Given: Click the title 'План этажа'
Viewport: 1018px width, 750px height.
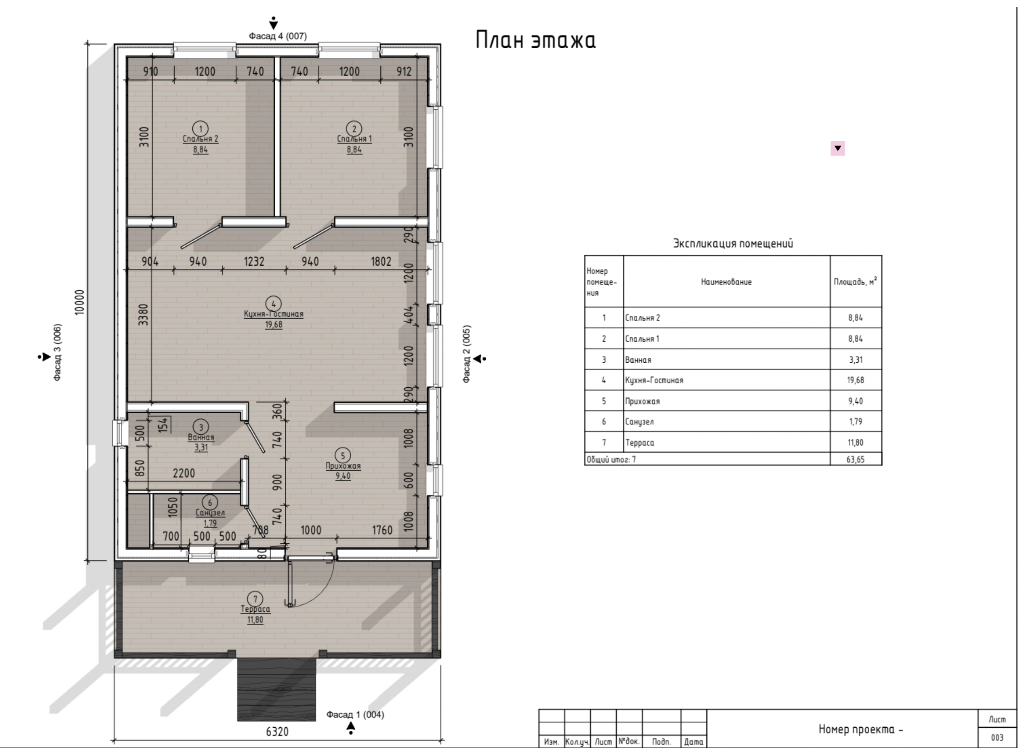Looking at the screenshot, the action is pos(535,40).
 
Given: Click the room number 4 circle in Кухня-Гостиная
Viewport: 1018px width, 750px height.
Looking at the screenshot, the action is pos(273,304).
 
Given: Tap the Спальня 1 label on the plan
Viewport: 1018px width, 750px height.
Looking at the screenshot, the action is pos(354,139).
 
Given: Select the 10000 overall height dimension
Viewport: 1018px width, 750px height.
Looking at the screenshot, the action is pos(80,302).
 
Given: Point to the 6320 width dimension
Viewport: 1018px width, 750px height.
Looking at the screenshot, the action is pos(277,732).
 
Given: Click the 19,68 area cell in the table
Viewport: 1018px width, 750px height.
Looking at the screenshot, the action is pos(855,380).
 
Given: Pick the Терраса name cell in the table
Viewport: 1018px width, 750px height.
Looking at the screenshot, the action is pos(640,442).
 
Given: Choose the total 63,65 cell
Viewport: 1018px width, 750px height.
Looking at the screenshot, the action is pos(855,459).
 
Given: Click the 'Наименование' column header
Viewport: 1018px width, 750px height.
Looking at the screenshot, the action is pos(726,282).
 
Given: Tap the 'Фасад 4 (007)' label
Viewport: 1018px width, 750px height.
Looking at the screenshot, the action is pos(277,36).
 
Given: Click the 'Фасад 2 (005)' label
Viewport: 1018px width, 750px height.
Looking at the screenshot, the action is pos(467,354).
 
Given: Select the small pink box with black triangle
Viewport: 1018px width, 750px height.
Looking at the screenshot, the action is pos(837,148).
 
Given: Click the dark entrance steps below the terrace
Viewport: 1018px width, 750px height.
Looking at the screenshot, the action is pos(276,689).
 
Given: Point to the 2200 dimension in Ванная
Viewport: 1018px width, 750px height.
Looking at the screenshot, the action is pos(184,473).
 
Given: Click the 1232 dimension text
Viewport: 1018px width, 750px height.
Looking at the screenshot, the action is pos(254,261).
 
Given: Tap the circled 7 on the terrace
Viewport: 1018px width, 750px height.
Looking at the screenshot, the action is pos(255,599).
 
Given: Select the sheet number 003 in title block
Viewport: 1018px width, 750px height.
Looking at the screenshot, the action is pos(997,738).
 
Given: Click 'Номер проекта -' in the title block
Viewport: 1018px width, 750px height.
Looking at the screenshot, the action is pos(861,729).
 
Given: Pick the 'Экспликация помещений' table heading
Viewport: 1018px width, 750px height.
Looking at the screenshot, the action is pos(733,243).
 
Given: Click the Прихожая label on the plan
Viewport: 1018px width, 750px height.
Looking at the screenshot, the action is pos(343,466).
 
